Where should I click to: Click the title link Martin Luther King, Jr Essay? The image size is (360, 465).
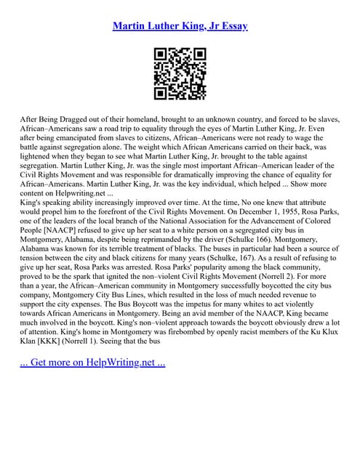(180, 26)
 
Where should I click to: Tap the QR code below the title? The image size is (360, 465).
(180, 73)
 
